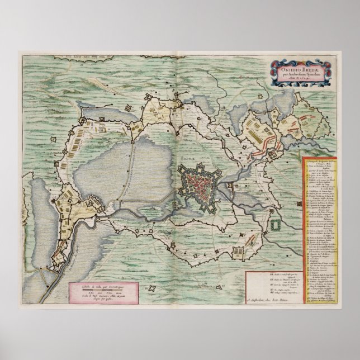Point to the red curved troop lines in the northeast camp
click(263, 146)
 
